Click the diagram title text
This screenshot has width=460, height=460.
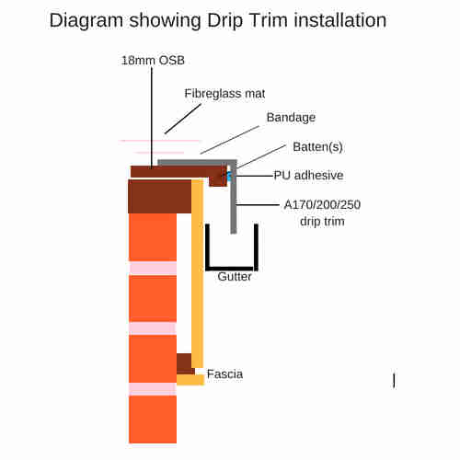(218, 21)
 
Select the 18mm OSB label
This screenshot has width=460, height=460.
(153, 61)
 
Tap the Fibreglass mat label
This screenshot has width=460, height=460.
(224, 94)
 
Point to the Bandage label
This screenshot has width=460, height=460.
(291, 118)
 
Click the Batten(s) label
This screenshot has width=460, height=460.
(317, 147)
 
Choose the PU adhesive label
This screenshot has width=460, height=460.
(308, 175)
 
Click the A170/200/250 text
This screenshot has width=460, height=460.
(322, 204)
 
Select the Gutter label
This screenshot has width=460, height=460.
(235, 277)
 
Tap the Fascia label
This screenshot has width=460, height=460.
(224, 374)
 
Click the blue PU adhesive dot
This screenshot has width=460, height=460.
(229, 176)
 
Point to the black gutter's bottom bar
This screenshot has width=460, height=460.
(232, 269)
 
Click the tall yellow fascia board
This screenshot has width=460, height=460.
(197, 274)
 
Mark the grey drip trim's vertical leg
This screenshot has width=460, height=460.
(234, 197)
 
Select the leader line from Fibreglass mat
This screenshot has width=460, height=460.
(183, 119)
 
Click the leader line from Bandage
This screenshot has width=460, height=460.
(230, 140)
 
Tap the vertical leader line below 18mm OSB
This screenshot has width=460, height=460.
(152, 118)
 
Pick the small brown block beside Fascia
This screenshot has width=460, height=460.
(185, 363)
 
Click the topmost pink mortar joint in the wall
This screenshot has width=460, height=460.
(153, 269)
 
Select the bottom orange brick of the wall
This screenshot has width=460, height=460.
(153, 420)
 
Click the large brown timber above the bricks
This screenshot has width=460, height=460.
(160, 197)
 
